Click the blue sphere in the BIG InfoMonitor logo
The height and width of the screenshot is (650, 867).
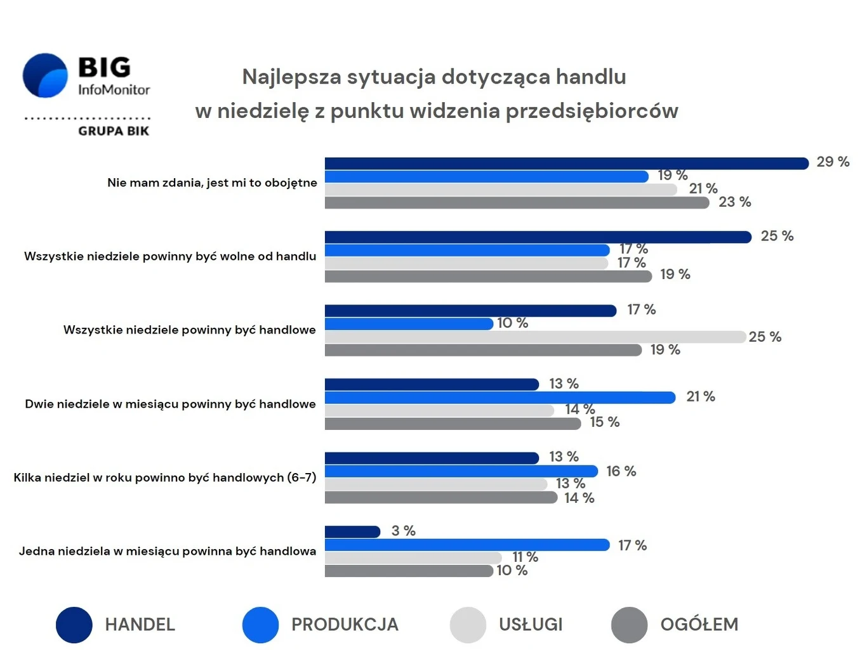pyautogui.click(x=45, y=75)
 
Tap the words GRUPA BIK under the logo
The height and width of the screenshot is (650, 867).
pyautogui.click(x=114, y=131)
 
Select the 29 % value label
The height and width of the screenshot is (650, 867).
pyautogui.click(x=832, y=162)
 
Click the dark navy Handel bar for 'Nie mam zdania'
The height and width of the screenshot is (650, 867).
pyautogui.click(x=566, y=164)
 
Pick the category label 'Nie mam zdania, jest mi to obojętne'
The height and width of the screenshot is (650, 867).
pyautogui.click(x=212, y=183)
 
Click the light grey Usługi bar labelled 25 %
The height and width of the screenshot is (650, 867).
pyautogui.click(x=534, y=337)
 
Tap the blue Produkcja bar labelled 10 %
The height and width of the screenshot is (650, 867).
pyautogui.click(x=409, y=324)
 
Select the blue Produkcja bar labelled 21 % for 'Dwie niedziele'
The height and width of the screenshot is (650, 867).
pyautogui.click(x=500, y=398)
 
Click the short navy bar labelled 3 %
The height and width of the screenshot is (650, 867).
pyautogui.click(x=352, y=532)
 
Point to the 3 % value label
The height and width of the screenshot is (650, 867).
pyautogui.click(x=403, y=531)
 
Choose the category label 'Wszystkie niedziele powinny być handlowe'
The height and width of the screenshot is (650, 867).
pyautogui.click(x=189, y=330)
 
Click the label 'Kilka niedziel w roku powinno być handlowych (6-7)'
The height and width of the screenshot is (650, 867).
pyautogui.click(x=164, y=478)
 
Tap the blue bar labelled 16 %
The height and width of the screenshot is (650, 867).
pyautogui.click(x=461, y=471)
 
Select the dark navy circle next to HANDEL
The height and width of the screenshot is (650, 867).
pyautogui.click(x=74, y=625)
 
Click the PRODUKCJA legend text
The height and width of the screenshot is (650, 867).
pyautogui.click(x=345, y=625)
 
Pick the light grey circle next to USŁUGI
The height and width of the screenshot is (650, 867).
pyautogui.click(x=468, y=625)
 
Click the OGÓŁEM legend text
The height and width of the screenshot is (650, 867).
pyautogui.click(x=699, y=625)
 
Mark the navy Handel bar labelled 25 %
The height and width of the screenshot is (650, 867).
pyautogui.click(x=538, y=237)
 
